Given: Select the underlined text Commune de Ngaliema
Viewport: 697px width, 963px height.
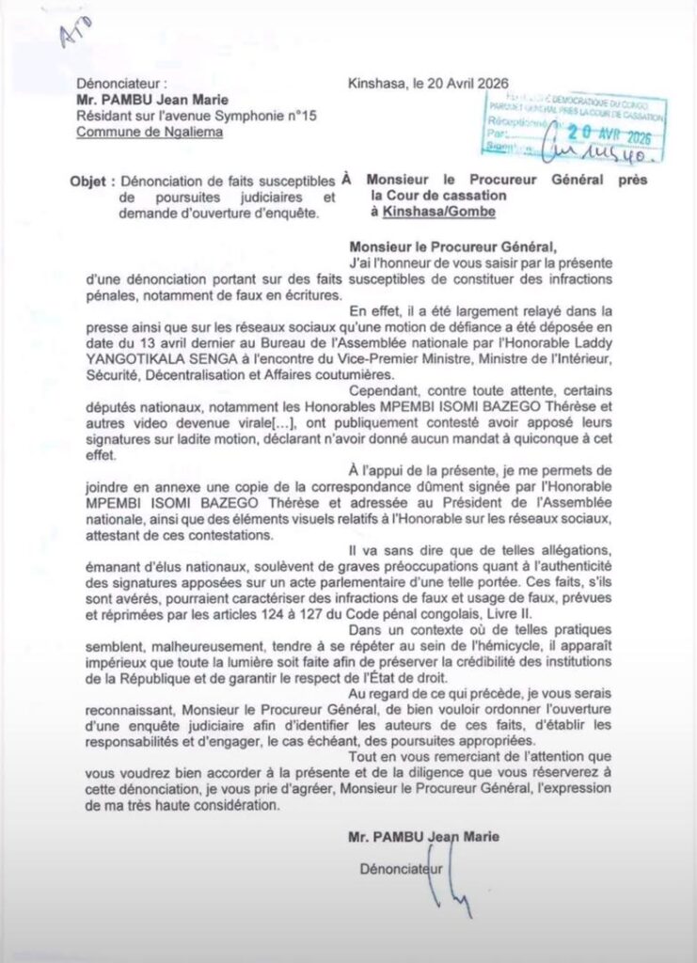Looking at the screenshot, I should [x=150, y=132].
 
